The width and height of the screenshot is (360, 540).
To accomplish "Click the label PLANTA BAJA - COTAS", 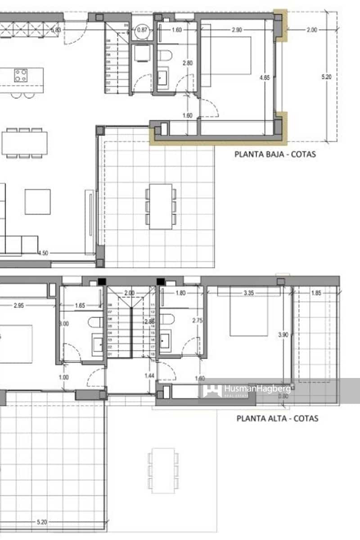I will pyautogui.click(x=275, y=154).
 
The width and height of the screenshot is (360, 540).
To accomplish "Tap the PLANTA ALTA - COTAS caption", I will pyautogui.click(x=277, y=418).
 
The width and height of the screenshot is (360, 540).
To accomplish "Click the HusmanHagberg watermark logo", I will pyautogui.click(x=246, y=390).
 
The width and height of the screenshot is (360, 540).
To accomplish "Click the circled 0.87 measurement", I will pyautogui.click(x=142, y=30).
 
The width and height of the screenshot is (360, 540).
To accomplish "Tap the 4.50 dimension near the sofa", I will pyautogui.click(x=43, y=253).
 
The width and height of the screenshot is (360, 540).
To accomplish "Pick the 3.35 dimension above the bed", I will pyautogui.click(x=248, y=293).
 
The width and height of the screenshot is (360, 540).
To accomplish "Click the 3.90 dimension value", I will pyautogui.click(x=283, y=335).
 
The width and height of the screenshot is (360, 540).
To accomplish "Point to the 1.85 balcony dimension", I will pyautogui.click(x=316, y=293).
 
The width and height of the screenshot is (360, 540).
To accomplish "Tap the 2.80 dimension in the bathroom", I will pyautogui.click(x=187, y=63).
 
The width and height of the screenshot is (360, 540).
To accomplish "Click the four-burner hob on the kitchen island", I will pyautogui.click(x=20, y=75).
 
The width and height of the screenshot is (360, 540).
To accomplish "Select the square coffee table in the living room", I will pyautogui.click(x=37, y=202).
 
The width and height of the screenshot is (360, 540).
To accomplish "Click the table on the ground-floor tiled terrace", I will pyautogui.click(x=161, y=207).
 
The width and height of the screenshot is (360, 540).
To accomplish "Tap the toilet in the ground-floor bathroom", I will pyautogui.click(x=166, y=56).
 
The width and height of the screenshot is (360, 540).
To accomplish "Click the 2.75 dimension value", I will pyautogui.click(x=197, y=321).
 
